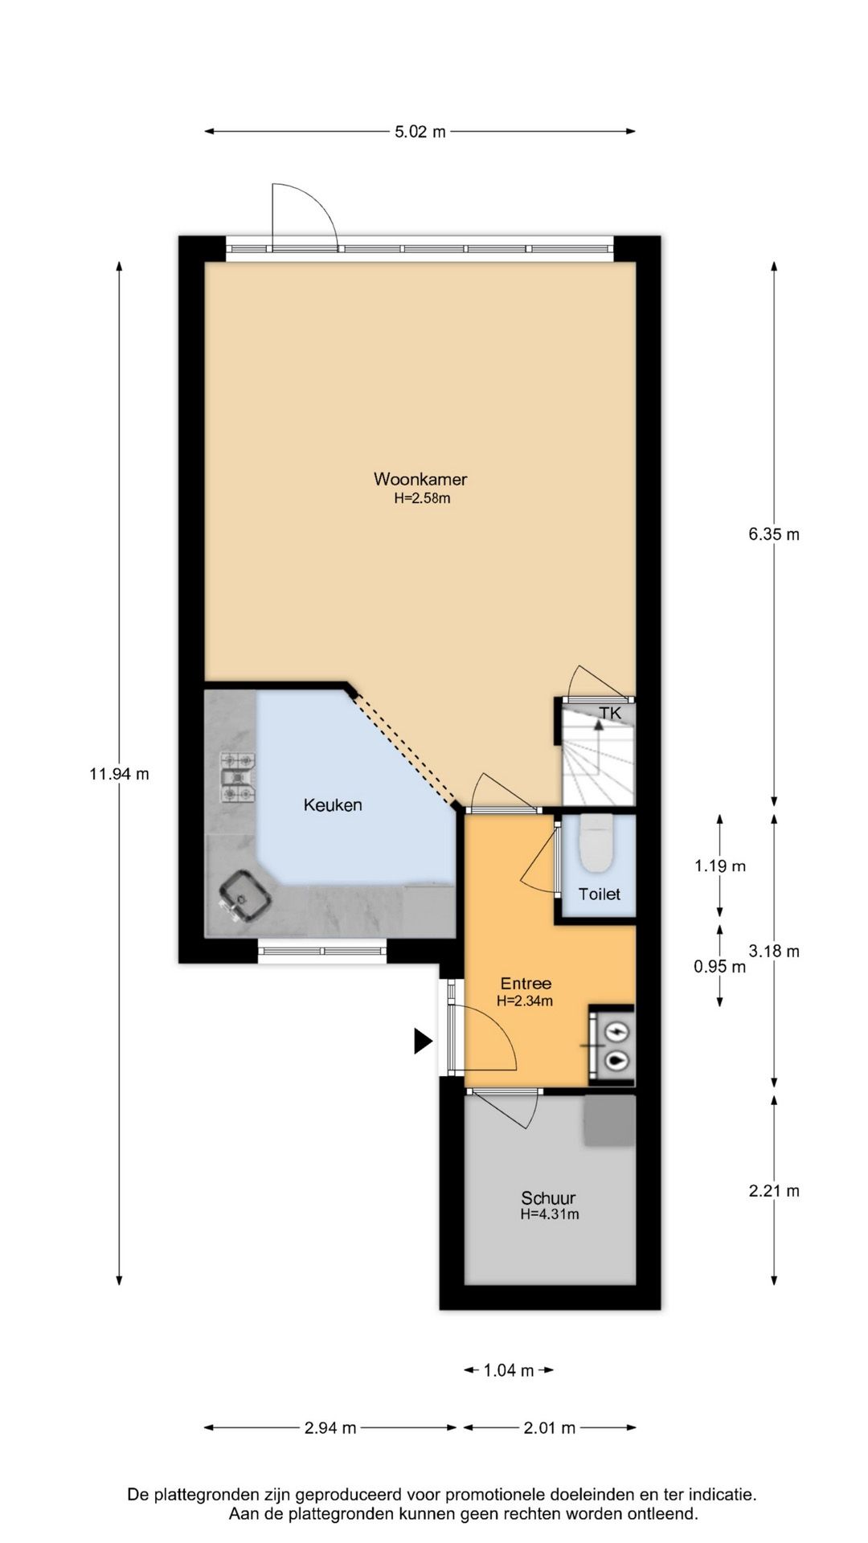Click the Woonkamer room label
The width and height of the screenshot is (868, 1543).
(420, 480)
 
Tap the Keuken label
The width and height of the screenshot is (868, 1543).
(333, 804)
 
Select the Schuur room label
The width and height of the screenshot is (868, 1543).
(548, 1198)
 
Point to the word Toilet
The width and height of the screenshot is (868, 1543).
(600, 894)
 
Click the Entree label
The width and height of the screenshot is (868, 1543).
(526, 984)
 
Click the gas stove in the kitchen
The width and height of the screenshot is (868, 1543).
(239, 777)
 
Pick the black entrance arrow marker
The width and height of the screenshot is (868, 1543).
(423, 1041)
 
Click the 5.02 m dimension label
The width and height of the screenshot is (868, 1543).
(420, 132)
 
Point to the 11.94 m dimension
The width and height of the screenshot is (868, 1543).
(119, 775)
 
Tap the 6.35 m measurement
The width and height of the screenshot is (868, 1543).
(774, 534)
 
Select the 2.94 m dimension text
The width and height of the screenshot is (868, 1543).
(330, 1428)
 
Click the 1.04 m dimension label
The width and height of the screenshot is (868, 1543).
(509, 1371)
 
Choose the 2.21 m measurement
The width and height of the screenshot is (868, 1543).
(774, 1191)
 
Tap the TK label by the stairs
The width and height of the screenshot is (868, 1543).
(610, 712)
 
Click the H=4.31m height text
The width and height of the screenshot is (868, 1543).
(549, 1214)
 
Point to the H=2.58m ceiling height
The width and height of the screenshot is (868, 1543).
(421, 498)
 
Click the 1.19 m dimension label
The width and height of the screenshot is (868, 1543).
(720, 866)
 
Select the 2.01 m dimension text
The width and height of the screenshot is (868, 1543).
(549, 1428)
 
